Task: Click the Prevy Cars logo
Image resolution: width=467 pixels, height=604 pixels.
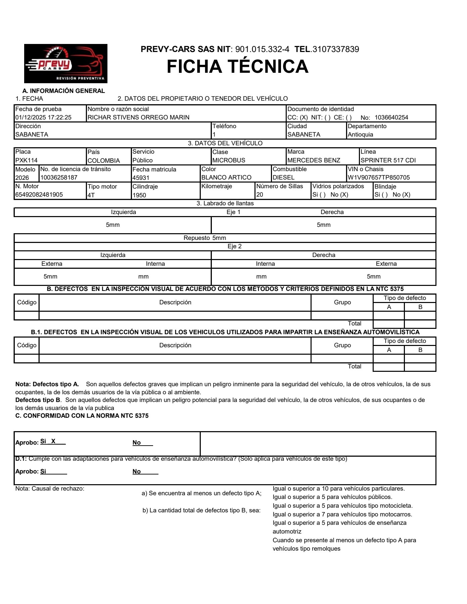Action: (x=66, y=63)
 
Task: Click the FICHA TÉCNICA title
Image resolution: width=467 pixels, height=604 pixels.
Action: (x=237, y=66)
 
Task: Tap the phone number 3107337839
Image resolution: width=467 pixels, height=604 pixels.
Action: (x=336, y=49)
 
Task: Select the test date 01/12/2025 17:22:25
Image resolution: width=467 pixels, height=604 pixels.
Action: (x=43, y=117)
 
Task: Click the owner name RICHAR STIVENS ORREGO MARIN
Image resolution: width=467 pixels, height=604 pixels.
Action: (x=138, y=117)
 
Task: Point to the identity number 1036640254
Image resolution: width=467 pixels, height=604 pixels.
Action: (x=391, y=117)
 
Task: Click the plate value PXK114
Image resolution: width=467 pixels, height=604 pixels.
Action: (x=27, y=160)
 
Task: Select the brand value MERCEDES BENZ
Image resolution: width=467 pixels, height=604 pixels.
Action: (x=314, y=160)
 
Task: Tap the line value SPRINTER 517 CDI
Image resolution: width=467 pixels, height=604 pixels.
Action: (x=388, y=160)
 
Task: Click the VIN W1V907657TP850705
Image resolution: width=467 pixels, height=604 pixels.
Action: (x=379, y=178)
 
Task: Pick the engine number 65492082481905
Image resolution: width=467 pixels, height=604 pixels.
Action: (x=39, y=195)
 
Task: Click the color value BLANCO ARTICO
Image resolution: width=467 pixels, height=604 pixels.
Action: (x=226, y=178)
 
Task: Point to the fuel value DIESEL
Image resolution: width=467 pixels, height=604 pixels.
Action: (x=283, y=178)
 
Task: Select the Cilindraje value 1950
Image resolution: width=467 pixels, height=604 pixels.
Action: (x=139, y=195)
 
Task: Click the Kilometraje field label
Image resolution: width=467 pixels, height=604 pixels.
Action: (x=217, y=186)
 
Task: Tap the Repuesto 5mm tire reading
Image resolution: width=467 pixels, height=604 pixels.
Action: (x=205, y=238)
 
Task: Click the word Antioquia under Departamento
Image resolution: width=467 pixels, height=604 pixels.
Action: (x=360, y=135)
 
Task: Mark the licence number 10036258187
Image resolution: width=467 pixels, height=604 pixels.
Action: (x=59, y=178)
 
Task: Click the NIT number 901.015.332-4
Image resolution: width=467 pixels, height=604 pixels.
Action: (x=262, y=49)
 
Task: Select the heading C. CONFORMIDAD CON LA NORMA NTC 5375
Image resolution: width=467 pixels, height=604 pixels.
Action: (x=82, y=416)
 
